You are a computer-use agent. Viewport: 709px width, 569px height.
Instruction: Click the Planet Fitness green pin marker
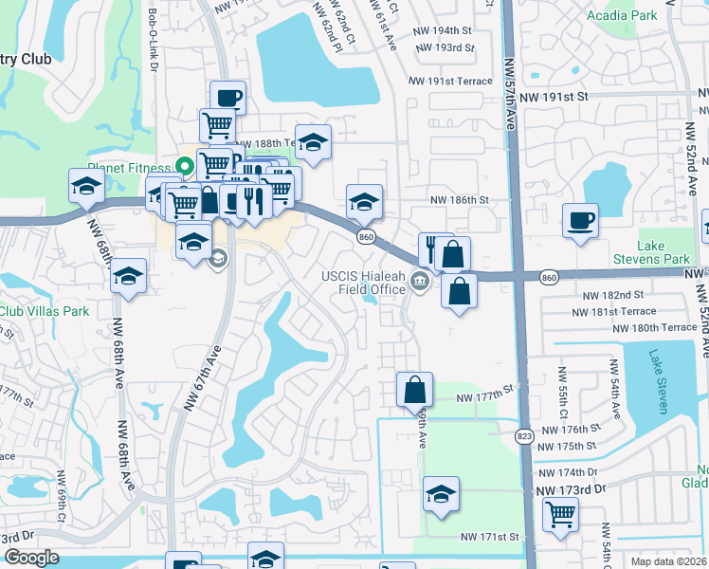[186, 165]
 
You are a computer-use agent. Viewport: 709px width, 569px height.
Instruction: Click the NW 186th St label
[459, 200]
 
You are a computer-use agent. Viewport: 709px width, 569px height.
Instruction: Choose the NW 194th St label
[443, 31]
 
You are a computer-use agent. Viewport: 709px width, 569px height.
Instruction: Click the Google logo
[31, 558]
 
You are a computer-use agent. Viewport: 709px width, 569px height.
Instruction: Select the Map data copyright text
[667, 561]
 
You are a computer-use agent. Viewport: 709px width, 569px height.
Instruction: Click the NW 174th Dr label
[567, 472]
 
